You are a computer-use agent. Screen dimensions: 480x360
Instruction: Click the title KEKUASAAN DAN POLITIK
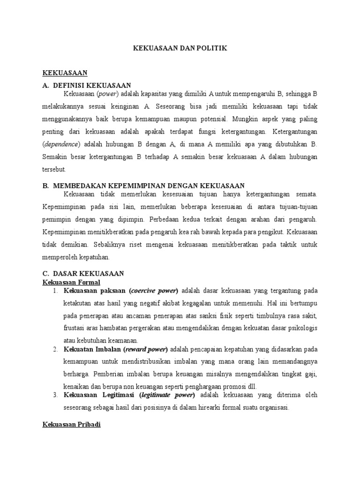point(180,49)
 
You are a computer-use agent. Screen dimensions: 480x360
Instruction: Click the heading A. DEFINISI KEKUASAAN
point(87,85)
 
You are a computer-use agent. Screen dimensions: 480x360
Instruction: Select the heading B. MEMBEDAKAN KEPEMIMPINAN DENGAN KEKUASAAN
point(143,186)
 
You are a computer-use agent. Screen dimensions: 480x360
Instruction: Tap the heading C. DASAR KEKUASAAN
point(83,273)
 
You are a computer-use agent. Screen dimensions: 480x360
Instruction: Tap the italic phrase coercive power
point(154,290)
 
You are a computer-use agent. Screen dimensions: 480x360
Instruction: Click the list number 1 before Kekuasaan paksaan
point(55,291)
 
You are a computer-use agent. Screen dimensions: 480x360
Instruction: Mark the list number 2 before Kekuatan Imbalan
point(55,349)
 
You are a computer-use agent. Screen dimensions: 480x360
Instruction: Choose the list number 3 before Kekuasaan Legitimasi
point(55,396)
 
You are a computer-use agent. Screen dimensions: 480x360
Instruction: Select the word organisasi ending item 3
point(272,407)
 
